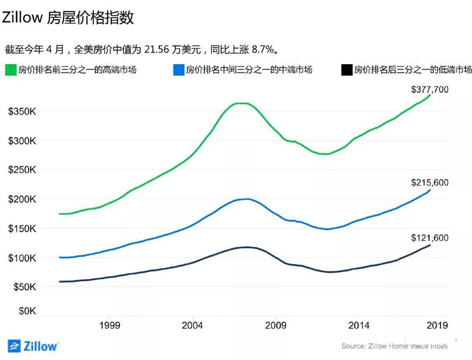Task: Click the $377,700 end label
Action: pos(430,88)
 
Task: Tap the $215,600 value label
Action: pos(430,182)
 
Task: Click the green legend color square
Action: pos(10,70)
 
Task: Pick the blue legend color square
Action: pos(177,70)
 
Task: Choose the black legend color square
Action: pos(346,70)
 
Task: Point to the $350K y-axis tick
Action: pos(22,111)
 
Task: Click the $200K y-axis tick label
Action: pos(22,199)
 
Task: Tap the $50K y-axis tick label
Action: pos(22,287)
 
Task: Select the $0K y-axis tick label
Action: pos(25,311)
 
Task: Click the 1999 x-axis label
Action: pos(110,325)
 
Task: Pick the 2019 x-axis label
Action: pos(436,325)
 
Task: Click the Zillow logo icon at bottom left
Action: pos(14,346)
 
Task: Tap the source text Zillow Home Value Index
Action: pos(395,346)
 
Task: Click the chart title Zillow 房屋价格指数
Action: pos(68,18)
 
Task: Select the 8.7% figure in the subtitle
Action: pos(262,49)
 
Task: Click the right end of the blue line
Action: pos(430,190)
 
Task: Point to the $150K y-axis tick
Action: pos(22,228)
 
